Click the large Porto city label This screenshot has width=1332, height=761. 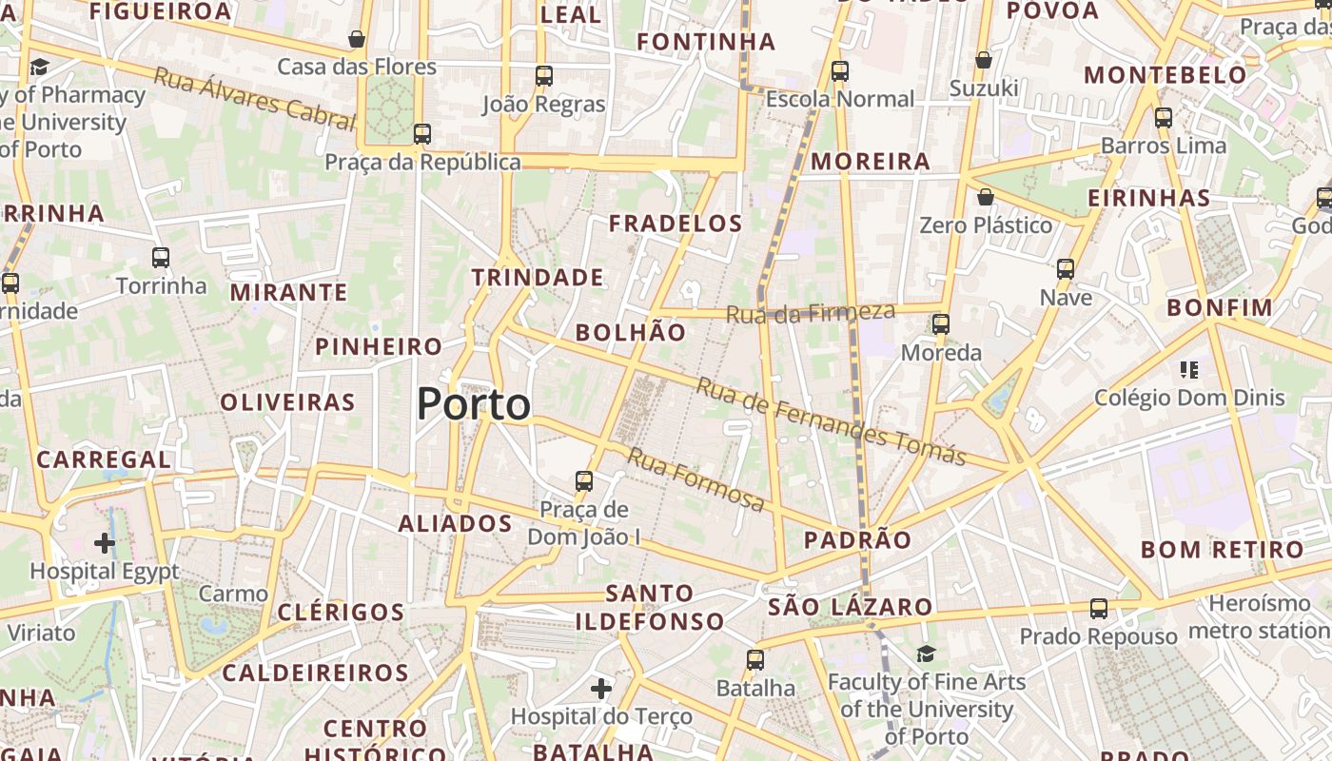coord(473,405)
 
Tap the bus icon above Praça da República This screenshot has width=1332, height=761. coord(422,134)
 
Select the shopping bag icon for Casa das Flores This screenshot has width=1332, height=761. coord(357,39)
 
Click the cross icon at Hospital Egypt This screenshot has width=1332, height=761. coord(105,543)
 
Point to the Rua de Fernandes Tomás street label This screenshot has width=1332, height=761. coord(831,420)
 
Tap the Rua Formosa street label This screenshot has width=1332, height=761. coord(695,479)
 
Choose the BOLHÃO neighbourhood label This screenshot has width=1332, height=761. coord(630,332)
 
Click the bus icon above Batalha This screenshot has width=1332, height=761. coord(755,659)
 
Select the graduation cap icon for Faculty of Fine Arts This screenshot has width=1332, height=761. coord(926,654)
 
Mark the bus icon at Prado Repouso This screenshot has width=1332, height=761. coord(1099,609)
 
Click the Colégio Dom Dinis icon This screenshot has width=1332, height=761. coord(1188,369)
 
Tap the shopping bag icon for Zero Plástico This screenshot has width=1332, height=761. coord(986,197)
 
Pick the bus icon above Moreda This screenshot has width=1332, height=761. coord(941,324)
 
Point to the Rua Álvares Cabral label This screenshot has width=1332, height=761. coord(254,99)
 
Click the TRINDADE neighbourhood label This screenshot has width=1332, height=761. coord(538,278)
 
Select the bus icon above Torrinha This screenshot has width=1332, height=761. coord(161,258)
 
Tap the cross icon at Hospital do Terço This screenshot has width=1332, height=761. coord(601,687)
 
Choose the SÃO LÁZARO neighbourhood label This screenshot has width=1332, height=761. coord(850,607)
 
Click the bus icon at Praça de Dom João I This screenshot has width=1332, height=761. coord(584,481)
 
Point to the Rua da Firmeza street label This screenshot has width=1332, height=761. coord(811,313)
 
